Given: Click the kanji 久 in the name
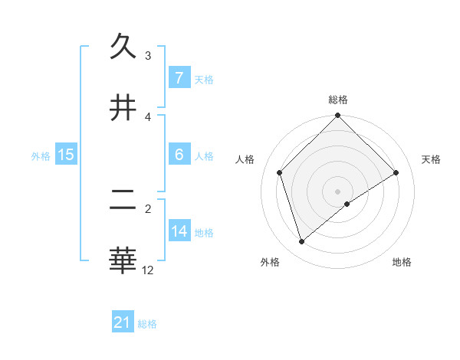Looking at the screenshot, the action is click(123, 47).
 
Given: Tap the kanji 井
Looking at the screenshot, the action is click(123, 108).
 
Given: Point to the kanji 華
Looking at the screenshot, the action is click(123, 260).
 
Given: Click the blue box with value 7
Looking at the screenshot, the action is click(179, 78).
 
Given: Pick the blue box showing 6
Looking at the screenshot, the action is click(179, 155).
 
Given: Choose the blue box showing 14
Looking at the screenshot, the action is click(179, 231).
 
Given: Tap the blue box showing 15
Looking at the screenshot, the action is click(65, 155).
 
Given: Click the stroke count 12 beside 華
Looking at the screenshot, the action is click(148, 270).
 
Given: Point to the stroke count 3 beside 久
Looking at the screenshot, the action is click(148, 56).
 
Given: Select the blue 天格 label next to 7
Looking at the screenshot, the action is click(204, 79).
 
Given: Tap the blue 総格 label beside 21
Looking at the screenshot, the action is click(147, 324).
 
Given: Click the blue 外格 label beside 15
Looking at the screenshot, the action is click(41, 155).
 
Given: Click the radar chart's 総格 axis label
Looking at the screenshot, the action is click(338, 100).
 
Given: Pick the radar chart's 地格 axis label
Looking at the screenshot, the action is click(402, 262).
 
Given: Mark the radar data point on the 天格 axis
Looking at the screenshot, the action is click(396, 172).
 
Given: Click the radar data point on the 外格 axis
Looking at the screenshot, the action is click(302, 242).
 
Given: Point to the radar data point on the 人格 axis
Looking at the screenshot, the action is click(280, 172).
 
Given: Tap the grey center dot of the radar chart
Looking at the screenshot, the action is click(338, 191).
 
